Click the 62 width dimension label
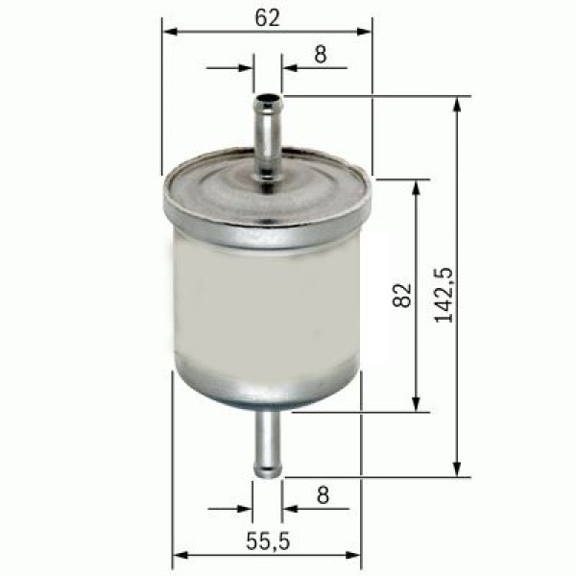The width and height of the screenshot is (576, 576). click(268, 17)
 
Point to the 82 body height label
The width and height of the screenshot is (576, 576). click(402, 295)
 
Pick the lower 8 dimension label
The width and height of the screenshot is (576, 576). click(323, 495)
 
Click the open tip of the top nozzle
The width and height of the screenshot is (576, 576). click(268, 97)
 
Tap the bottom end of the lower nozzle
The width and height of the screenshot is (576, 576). click(268, 471)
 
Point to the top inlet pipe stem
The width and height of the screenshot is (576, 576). click(268, 139)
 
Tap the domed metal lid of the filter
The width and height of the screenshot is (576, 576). click(265, 197)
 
